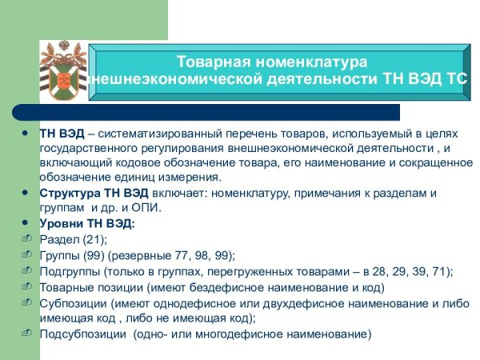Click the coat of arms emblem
click(x=62, y=76)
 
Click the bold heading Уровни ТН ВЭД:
click(x=88, y=224)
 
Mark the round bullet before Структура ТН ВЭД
click(x=25, y=194)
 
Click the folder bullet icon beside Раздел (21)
click(x=25, y=239)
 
